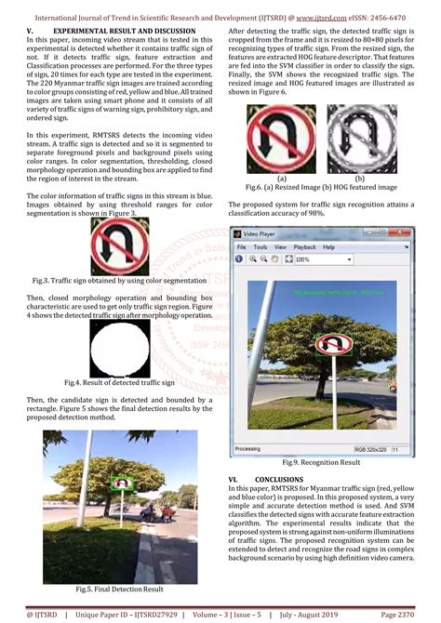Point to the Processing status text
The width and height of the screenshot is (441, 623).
pyautogui.click(x=247, y=448)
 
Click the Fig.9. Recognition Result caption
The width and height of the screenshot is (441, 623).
pyautogui.click(x=321, y=462)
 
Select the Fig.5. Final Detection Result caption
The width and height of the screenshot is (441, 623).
pyautogui.click(x=119, y=590)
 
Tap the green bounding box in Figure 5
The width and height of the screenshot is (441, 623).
pyautogui.click(x=120, y=484)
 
